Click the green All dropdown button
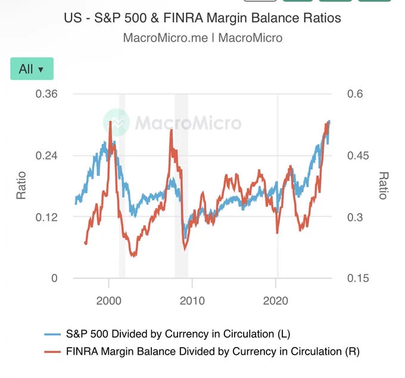tap(32, 68)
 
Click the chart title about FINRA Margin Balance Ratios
tap(202, 18)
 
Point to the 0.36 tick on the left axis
tap(46, 93)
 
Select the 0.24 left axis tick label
tap(46, 156)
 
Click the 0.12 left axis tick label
tap(46, 217)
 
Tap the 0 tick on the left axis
tap(54, 279)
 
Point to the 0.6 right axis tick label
tap(355, 93)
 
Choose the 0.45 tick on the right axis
tap(358, 156)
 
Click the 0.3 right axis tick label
tap(355, 217)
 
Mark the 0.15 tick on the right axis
tap(358, 279)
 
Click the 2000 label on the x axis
tap(109, 301)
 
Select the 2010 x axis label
tap(192, 301)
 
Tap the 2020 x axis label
tap(276, 301)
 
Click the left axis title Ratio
tap(21, 185)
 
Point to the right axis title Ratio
tap(384, 185)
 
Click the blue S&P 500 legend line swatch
tap(52, 335)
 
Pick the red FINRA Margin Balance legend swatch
tap(52, 352)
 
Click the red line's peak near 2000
tap(110, 121)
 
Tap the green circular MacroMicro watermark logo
tap(116, 123)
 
